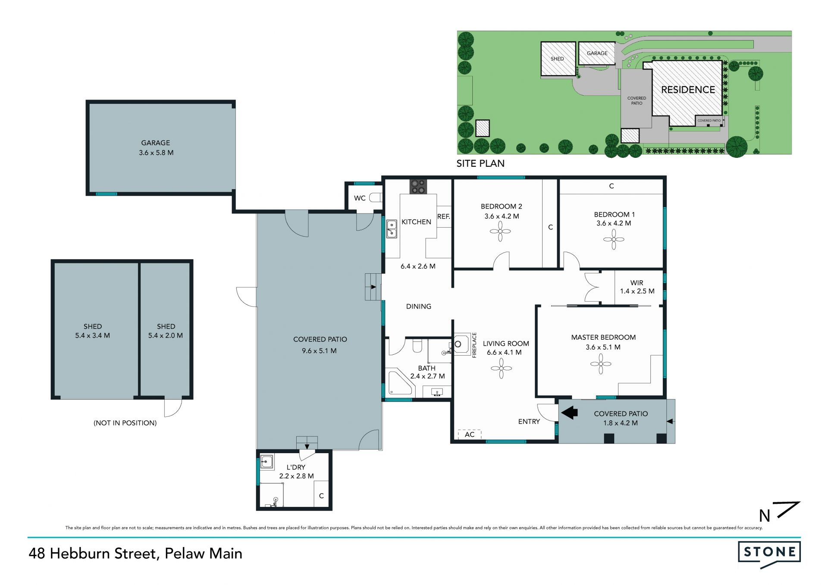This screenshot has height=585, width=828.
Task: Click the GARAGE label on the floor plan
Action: tap(156, 143)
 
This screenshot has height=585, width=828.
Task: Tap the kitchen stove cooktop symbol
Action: tap(418, 187)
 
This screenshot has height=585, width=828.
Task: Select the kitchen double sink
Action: tap(392, 229)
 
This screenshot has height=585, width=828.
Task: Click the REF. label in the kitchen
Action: tap(444, 216)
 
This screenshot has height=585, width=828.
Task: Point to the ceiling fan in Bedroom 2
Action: tap(500, 231)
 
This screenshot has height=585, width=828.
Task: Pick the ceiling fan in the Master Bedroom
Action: tap(601, 364)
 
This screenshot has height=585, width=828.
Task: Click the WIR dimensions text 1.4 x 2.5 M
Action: tap(637, 291)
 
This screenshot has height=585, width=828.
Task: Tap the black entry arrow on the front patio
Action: tap(569, 413)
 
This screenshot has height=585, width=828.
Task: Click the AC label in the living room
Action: tap(470, 435)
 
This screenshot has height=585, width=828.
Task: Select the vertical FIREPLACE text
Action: tap(474, 345)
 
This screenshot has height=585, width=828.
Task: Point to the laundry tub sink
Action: tap(267, 462)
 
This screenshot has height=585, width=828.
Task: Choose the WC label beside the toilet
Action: tap(360, 198)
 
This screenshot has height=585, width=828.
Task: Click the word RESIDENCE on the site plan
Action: tap(688, 90)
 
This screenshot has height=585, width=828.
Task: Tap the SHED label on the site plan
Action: tap(557, 59)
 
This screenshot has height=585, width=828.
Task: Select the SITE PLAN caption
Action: tap(480, 163)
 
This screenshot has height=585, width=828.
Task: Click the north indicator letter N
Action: tap(765, 516)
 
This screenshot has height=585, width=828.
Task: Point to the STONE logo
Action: tap(769, 554)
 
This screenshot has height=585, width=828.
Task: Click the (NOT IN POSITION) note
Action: tap(125, 423)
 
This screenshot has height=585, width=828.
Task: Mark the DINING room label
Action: tap(419, 307)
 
